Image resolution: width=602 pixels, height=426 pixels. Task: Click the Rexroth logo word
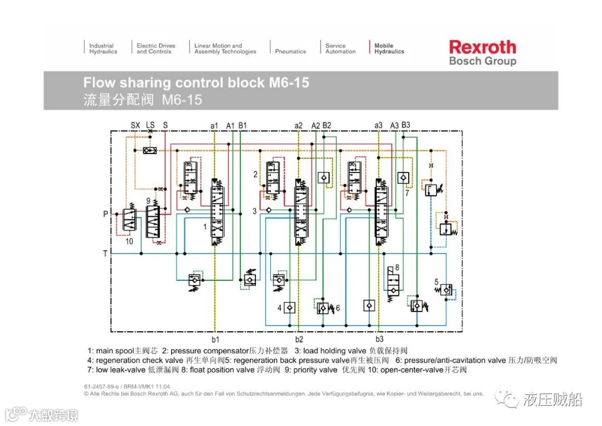pyautogui.click(x=482, y=47)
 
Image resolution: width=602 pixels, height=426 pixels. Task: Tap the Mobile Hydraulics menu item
pyautogui.click(x=389, y=49)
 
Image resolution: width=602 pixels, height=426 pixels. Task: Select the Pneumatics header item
pyautogui.click(x=290, y=51)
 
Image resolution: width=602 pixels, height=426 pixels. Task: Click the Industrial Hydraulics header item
pyautogui.click(x=103, y=49)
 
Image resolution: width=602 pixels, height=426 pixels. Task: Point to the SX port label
pyautogui.click(x=135, y=125)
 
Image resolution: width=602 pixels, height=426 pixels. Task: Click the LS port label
pyautogui.click(x=151, y=125)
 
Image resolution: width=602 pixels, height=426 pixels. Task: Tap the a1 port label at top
pyautogui.click(x=214, y=125)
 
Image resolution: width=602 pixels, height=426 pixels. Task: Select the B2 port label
pyautogui.click(x=327, y=125)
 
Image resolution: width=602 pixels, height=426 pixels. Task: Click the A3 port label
pyautogui.click(x=395, y=125)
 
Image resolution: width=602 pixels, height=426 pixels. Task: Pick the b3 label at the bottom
pyautogui.click(x=379, y=339)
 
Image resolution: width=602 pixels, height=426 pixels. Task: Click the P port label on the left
pyautogui.click(x=105, y=213)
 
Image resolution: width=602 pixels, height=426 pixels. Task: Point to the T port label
pyautogui.click(x=105, y=253)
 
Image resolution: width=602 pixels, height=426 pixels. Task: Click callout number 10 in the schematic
pyautogui.click(x=129, y=241)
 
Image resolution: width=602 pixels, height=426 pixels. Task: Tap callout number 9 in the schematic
pyautogui.click(x=148, y=200)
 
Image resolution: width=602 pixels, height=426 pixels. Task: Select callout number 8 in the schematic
pyautogui.click(x=397, y=267)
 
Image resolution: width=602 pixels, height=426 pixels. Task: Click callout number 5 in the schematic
pyautogui.click(x=436, y=282)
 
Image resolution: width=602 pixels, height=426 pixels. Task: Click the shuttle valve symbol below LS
pyautogui.click(x=149, y=150)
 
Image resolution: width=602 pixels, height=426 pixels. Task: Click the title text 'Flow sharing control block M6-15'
pyautogui.click(x=196, y=83)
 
